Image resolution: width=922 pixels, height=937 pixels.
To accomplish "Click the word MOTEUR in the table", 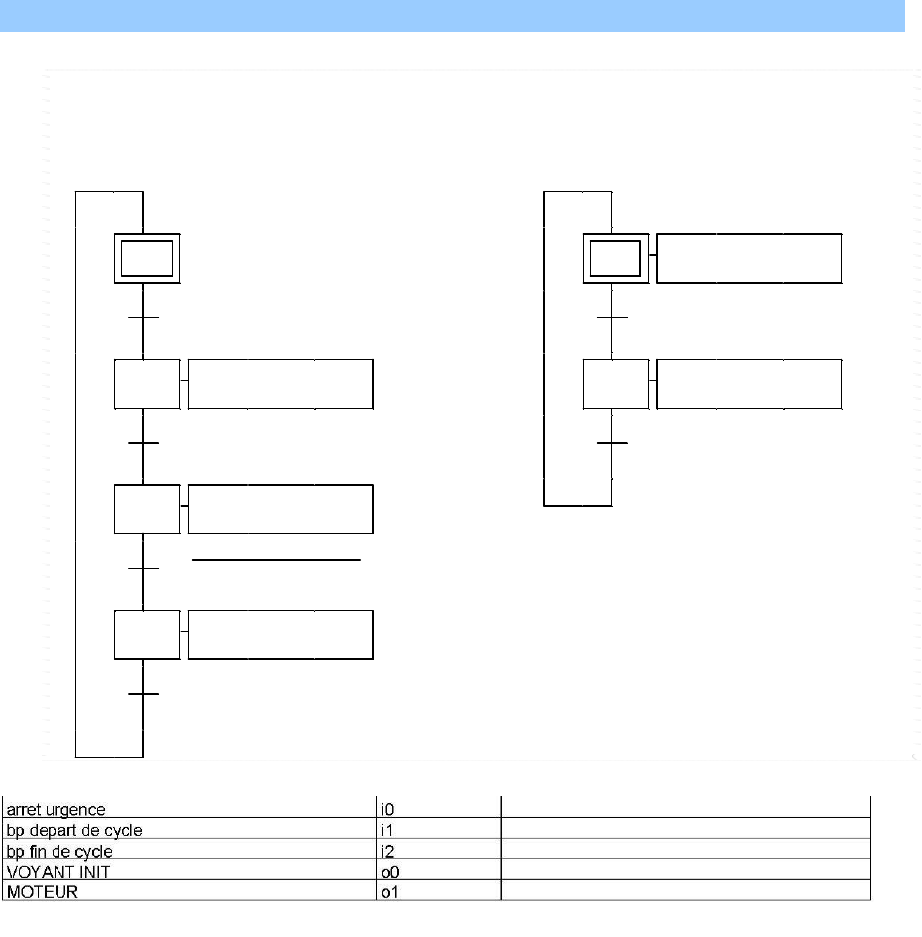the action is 37,892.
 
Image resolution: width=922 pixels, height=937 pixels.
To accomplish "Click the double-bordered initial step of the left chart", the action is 147,259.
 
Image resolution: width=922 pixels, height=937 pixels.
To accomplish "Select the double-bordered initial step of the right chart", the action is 616,259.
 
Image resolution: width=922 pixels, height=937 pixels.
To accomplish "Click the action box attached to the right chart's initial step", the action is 749,259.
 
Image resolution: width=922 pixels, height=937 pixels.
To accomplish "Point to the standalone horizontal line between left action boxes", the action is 276,560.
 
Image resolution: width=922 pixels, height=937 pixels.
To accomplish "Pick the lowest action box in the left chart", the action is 281,636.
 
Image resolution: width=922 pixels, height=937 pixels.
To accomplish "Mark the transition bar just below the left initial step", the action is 144,318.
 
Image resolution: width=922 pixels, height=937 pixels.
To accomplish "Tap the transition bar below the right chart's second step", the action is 612,443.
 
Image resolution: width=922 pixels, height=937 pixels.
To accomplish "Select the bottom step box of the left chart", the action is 147,636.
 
